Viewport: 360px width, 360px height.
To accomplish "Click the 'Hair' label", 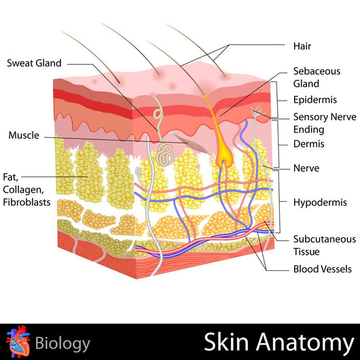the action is [x=302, y=46].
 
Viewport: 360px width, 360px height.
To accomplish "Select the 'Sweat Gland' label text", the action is [x=34, y=63].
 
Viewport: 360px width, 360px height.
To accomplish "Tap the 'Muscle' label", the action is [x=24, y=135].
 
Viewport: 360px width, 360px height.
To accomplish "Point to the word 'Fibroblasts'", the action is [x=26, y=202].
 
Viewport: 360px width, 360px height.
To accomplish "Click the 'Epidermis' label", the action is [x=315, y=100].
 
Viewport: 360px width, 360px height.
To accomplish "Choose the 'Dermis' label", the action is [x=309, y=144].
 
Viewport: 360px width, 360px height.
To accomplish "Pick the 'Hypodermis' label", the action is [x=320, y=202].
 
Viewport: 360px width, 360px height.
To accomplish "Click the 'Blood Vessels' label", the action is [x=323, y=269].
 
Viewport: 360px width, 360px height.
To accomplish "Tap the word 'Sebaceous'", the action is [x=317, y=71].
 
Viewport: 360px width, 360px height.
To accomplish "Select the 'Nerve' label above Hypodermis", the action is [x=306, y=168].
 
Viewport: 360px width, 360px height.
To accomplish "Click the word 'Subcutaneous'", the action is [x=325, y=239].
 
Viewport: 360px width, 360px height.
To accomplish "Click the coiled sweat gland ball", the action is [x=165, y=154].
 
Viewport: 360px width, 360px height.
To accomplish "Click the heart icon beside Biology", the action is [x=18, y=342].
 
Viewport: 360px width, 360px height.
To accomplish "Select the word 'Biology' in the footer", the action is [x=62, y=344].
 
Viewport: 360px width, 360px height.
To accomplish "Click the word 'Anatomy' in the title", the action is [x=305, y=342].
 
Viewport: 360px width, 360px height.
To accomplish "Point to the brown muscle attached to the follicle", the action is [x=190, y=143].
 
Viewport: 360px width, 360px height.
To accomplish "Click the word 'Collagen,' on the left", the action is [x=23, y=190].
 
